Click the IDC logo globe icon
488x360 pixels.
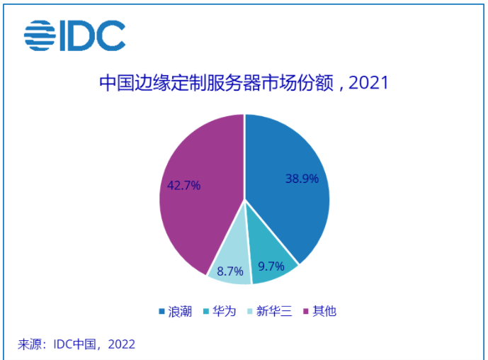coord(41,35)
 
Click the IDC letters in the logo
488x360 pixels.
coord(94,35)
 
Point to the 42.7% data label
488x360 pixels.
coord(183,186)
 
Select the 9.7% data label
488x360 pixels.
coord(272,266)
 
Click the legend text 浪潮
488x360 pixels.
coord(179,312)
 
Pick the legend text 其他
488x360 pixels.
coord(323,312)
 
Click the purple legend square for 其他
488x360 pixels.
coord(306,312)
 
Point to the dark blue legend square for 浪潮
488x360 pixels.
coord(162,312)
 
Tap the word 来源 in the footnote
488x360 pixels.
coord(30,344)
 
